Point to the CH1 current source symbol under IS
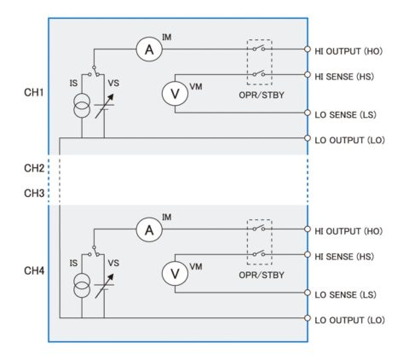(82, 105)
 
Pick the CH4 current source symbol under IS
(82, 285)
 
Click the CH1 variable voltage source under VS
(104, 106)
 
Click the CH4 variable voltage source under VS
(104, 286)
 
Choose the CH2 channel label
(34, 168)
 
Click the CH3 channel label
(34, 194)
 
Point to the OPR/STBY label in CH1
(262, 95)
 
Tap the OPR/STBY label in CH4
(262, 275)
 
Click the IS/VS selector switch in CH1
(94, 72)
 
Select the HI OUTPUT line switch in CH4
(259, 228)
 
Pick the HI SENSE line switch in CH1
(259, 73)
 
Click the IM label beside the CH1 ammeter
(167, 38)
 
